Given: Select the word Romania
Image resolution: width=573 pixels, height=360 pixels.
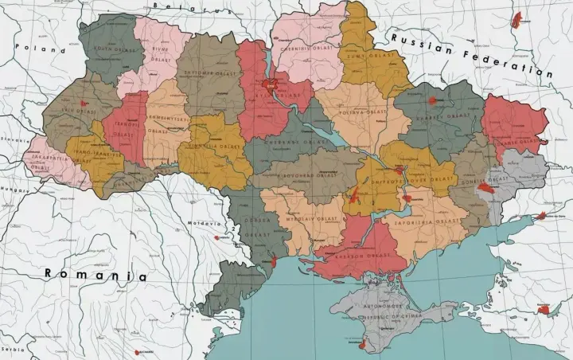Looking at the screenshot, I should tap(95, 275).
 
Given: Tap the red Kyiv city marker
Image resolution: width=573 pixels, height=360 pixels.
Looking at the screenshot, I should tap(271, 82).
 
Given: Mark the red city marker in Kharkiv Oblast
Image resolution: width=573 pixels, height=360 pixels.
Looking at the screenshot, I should tap(433, 100).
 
